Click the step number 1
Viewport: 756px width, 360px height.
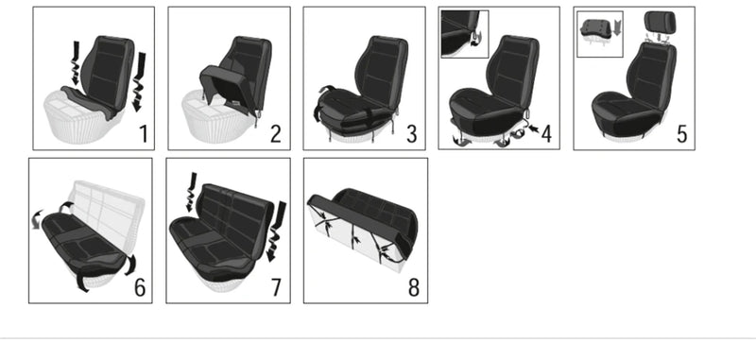pyautogui.click(x=144, y=134)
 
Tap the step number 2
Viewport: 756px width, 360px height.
pyautogui.click(x=275, y=134)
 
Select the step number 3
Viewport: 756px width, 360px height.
pyautogui.click(x=411, y=134)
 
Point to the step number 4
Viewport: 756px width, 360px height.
pyautogui.click(x=546, y=134)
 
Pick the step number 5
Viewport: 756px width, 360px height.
pyautogui.click(x=681, y=134)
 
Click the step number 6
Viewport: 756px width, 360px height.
pyautogui.click(x=139, y=287)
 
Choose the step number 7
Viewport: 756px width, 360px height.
pyautogui.click(x=276, y=287)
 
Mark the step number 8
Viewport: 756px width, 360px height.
pyautogui.click(x=414, y=287)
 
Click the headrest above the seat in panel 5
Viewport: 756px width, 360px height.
pyautogui.click(x=661, y=22)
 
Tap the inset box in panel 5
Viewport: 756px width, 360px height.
pyautogui.click(x=600, y=34)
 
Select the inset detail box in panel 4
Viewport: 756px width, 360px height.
pyautogui.click(x=465, y=34)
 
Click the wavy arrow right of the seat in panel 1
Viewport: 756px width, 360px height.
pyautogui.click(x=139, y=82)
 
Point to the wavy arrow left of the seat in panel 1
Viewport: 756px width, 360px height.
pyautogui.click(x=76, y=63)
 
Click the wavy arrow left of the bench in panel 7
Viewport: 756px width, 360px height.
pyautogui.click(x=192, y=193)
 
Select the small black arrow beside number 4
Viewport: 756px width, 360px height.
pyautogui.click(x=534, y=129)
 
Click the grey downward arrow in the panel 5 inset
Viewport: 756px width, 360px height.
pyautogui.click(x=617, y=27)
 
